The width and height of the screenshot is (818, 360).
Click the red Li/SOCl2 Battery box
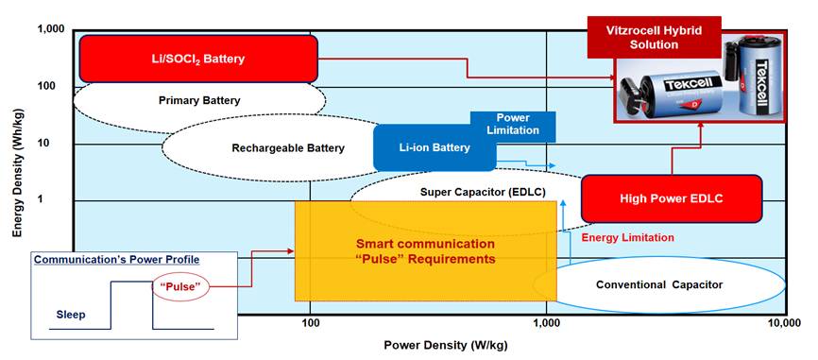tap(198, 59)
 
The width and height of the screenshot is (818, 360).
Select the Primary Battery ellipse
tap(199, 100)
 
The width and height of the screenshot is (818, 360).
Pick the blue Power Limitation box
tap(513, 124)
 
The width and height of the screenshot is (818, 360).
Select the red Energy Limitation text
tap(627, 237)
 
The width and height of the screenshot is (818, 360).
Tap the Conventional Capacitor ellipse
tap(658, 284)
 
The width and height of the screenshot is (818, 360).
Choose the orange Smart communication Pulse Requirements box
tap(425, 251)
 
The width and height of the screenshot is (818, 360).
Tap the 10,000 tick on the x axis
tap(785, 323)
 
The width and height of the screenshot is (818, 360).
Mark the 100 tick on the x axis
tap(310, 323)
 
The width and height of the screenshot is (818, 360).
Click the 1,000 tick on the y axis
tap(49, 29)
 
